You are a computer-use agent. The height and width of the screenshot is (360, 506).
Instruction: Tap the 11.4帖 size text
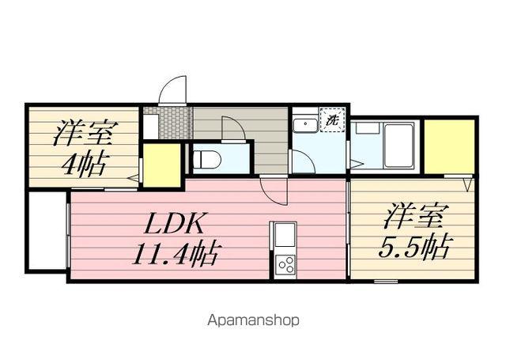pyautogui.click(x=176, y=254)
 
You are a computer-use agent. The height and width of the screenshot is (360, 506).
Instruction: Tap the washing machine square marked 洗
pyautogui.click(x=332, y=121)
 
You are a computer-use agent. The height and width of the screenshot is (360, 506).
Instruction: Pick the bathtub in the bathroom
pyautogui.click(x=400, y=144)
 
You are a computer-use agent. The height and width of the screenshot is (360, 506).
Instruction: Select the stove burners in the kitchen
pyautogui.click(x=284, y=265)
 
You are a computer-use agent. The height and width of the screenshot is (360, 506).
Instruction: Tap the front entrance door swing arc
pyautogui.click(x=172, y=89)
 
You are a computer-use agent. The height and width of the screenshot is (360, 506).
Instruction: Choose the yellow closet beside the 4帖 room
pyautogui.click(x=161, y=165)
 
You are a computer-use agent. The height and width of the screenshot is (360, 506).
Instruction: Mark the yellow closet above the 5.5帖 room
pyautogui.click(x=448, y=146)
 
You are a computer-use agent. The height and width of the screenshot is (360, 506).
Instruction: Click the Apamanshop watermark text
pyautogui.click(x=252, y=320)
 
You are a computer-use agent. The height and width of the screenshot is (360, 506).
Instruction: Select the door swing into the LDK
pyautogui.click(x=274, y=190)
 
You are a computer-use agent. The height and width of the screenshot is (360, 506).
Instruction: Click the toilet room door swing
pyautogui.click(x=233, y=129)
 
